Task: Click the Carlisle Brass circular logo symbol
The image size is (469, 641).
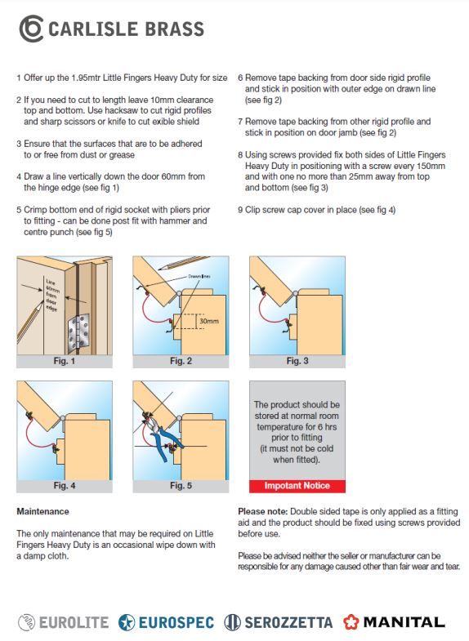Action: [x=31, y=29]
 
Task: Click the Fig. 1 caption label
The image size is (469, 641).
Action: [x=65, y=362]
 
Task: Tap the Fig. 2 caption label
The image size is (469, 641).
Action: [x=181, y=362]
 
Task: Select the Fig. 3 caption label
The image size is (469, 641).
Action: [x=297, y=362]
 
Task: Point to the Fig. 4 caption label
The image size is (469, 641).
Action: [x=65, y=486]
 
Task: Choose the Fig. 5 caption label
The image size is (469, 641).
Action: [x=181, y=486]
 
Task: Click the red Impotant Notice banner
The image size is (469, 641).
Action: [x=297, y=486]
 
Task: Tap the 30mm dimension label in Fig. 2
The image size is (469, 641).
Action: [x=208, y=322]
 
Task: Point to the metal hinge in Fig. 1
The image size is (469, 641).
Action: [x=78, y=331]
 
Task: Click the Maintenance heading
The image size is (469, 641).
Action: [x=43, y=511]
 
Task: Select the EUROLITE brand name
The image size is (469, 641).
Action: [x=74, y=622]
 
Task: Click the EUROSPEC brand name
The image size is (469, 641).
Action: [x=176, y=622]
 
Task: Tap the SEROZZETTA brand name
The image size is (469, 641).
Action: [x=288, y=622]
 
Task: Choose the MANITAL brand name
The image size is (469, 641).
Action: [x=404, y=622]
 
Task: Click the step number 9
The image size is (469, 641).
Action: [x=240, y=210]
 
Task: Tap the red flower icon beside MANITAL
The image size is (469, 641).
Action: [x=351, y=622]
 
